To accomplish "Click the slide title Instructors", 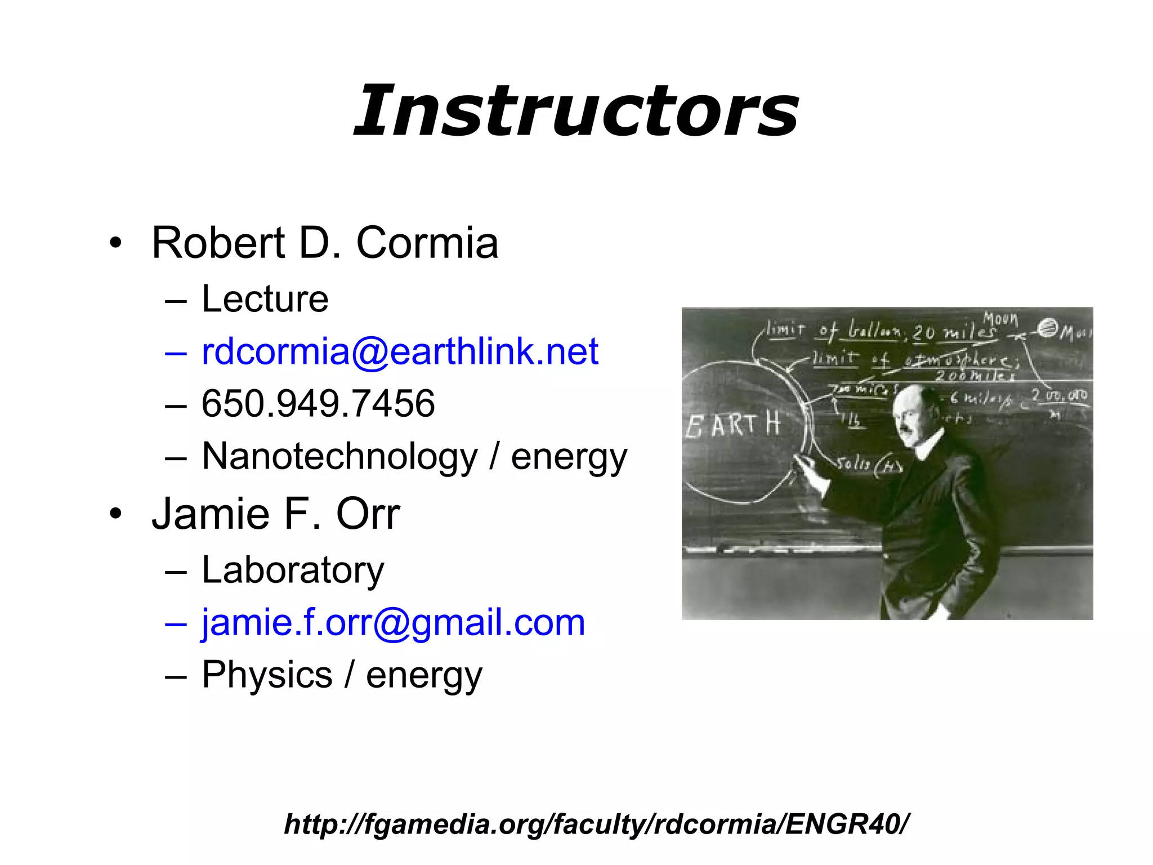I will pos(576,110).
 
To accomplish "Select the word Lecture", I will pos(265,299).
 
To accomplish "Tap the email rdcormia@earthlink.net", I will pos(400,352).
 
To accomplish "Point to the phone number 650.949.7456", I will pos(318,404).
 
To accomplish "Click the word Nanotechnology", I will pos(339,457).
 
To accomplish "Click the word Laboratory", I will pos(293,570).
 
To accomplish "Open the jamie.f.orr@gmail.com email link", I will pos(393,623).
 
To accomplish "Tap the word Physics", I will pos(267,675).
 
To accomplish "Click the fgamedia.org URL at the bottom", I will pos(596,824).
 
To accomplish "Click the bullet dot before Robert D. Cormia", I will pos(116,244).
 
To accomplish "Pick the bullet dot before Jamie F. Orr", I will pos(116,515).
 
